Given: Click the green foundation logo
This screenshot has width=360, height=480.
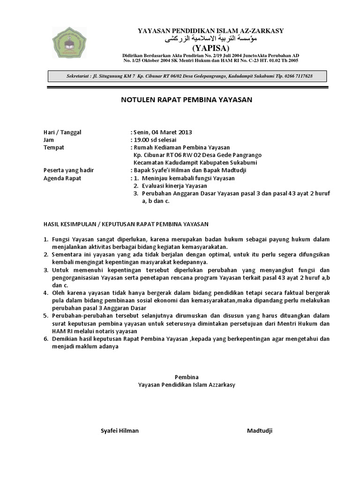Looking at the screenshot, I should pyautogui.click(x=69, y=43).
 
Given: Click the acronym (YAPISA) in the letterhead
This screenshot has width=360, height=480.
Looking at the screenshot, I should pyautogui.click(x=210, y=48).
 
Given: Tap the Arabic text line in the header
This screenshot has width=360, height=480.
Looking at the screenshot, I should pyautogui.click(x=211, y=39).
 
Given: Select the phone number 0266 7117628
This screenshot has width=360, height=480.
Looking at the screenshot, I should pyautogui.click(x=295, y=76).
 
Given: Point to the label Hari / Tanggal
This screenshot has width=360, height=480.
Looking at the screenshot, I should pyautogui.click(x=62, y=132).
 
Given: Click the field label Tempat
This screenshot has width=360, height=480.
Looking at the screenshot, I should pyautogui.click(x=53, y=147).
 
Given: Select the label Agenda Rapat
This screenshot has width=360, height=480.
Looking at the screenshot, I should pyautogui.click(x=62, y=178).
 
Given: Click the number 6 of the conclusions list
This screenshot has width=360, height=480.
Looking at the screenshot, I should pyautogui.click(x=46, y=338).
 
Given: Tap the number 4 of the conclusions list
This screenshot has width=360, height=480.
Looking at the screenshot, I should pyautogui.click(x=46, y=293).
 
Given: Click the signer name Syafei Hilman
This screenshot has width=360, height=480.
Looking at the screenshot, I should pyautogui.click(x=120, y=431).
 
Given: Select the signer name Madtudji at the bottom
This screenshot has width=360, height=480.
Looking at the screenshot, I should pyautogui.click(x=260, y=431).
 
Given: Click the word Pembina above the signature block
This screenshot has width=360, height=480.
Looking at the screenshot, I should pyautogui.click(x=187, y=377).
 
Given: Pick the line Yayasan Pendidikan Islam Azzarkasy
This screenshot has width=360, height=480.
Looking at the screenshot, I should pyautogui.click(x=187, y=384).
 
